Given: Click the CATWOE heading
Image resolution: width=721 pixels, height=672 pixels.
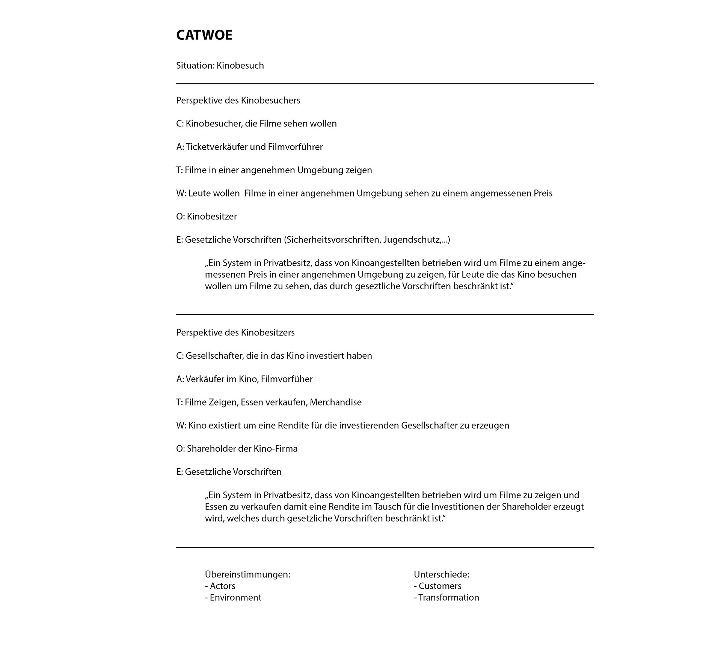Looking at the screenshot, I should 204,35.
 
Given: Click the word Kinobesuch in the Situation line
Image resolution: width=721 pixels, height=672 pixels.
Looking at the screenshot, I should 240,66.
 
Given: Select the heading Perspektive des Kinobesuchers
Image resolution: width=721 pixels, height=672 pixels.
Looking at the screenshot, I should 238,101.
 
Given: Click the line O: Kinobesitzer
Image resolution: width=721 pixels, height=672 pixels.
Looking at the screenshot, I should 207,216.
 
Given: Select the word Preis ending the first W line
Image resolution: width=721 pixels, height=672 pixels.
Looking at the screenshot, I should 543,194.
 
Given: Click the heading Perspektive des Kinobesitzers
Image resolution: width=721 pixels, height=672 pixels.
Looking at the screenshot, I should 235,333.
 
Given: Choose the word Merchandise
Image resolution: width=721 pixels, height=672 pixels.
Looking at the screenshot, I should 336,403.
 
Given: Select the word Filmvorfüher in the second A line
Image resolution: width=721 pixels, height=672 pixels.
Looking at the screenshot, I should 287,379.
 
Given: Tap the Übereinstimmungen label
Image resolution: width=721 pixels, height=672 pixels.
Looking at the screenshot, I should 247,574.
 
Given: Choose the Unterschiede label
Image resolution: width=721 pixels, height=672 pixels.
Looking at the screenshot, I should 442,574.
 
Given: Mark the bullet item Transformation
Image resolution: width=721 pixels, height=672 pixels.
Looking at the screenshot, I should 449,598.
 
